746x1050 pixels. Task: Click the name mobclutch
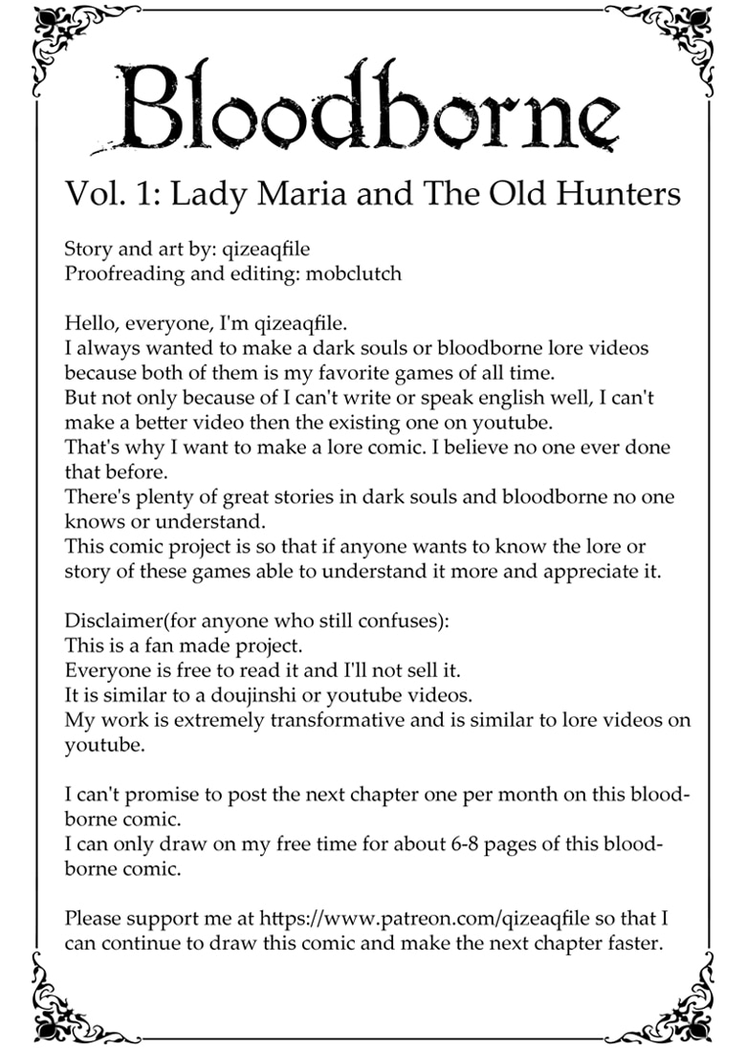(x=353, y=273)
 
